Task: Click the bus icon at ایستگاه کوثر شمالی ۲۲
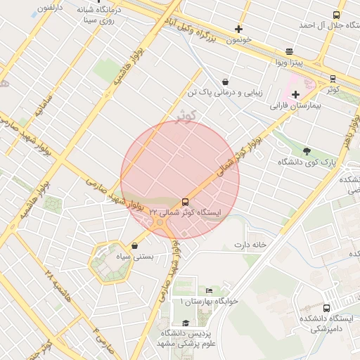[x=186, y=201]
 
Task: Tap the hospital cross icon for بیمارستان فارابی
[x=295, y=94]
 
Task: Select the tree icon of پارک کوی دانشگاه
[x=306, y=150]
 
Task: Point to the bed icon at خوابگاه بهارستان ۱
[x=209, y=290]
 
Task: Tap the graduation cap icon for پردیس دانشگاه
[x=186, y=323]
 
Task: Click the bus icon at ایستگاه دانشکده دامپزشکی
[x=326, y=308]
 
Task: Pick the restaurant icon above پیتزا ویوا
[x=290, y=52]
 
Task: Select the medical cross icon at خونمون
[x=239, y=30]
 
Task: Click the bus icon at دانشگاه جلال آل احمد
[x=336, y=15]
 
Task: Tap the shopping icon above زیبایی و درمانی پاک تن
[x=224, y=82]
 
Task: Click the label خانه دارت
[x=251, y=245]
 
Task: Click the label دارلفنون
[x=49, y=7]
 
